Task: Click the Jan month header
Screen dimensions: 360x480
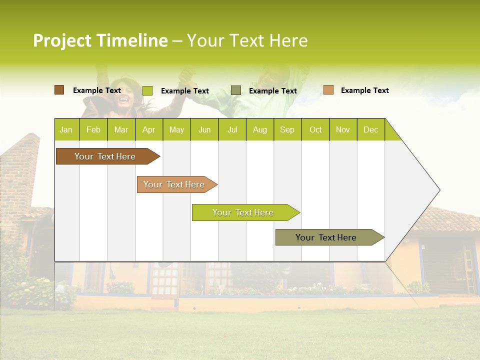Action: (x=66, y=129)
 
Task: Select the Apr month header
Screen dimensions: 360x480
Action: (x=149, y=129)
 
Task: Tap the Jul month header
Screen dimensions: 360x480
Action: (x=232, y=129)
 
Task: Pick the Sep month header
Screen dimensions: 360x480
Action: (x=287, y=129)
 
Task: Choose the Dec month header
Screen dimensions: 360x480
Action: (x=370, y=129)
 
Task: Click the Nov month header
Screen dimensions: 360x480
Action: (x=343, y=129)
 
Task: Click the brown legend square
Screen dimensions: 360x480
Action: (x=59, y=90)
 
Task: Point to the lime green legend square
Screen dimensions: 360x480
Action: (x=147, y=90)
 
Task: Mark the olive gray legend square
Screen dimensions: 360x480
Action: (x=236, y=90)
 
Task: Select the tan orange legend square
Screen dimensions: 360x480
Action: (x=328, y=90)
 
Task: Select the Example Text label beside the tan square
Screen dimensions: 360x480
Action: (x=364, y=90)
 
